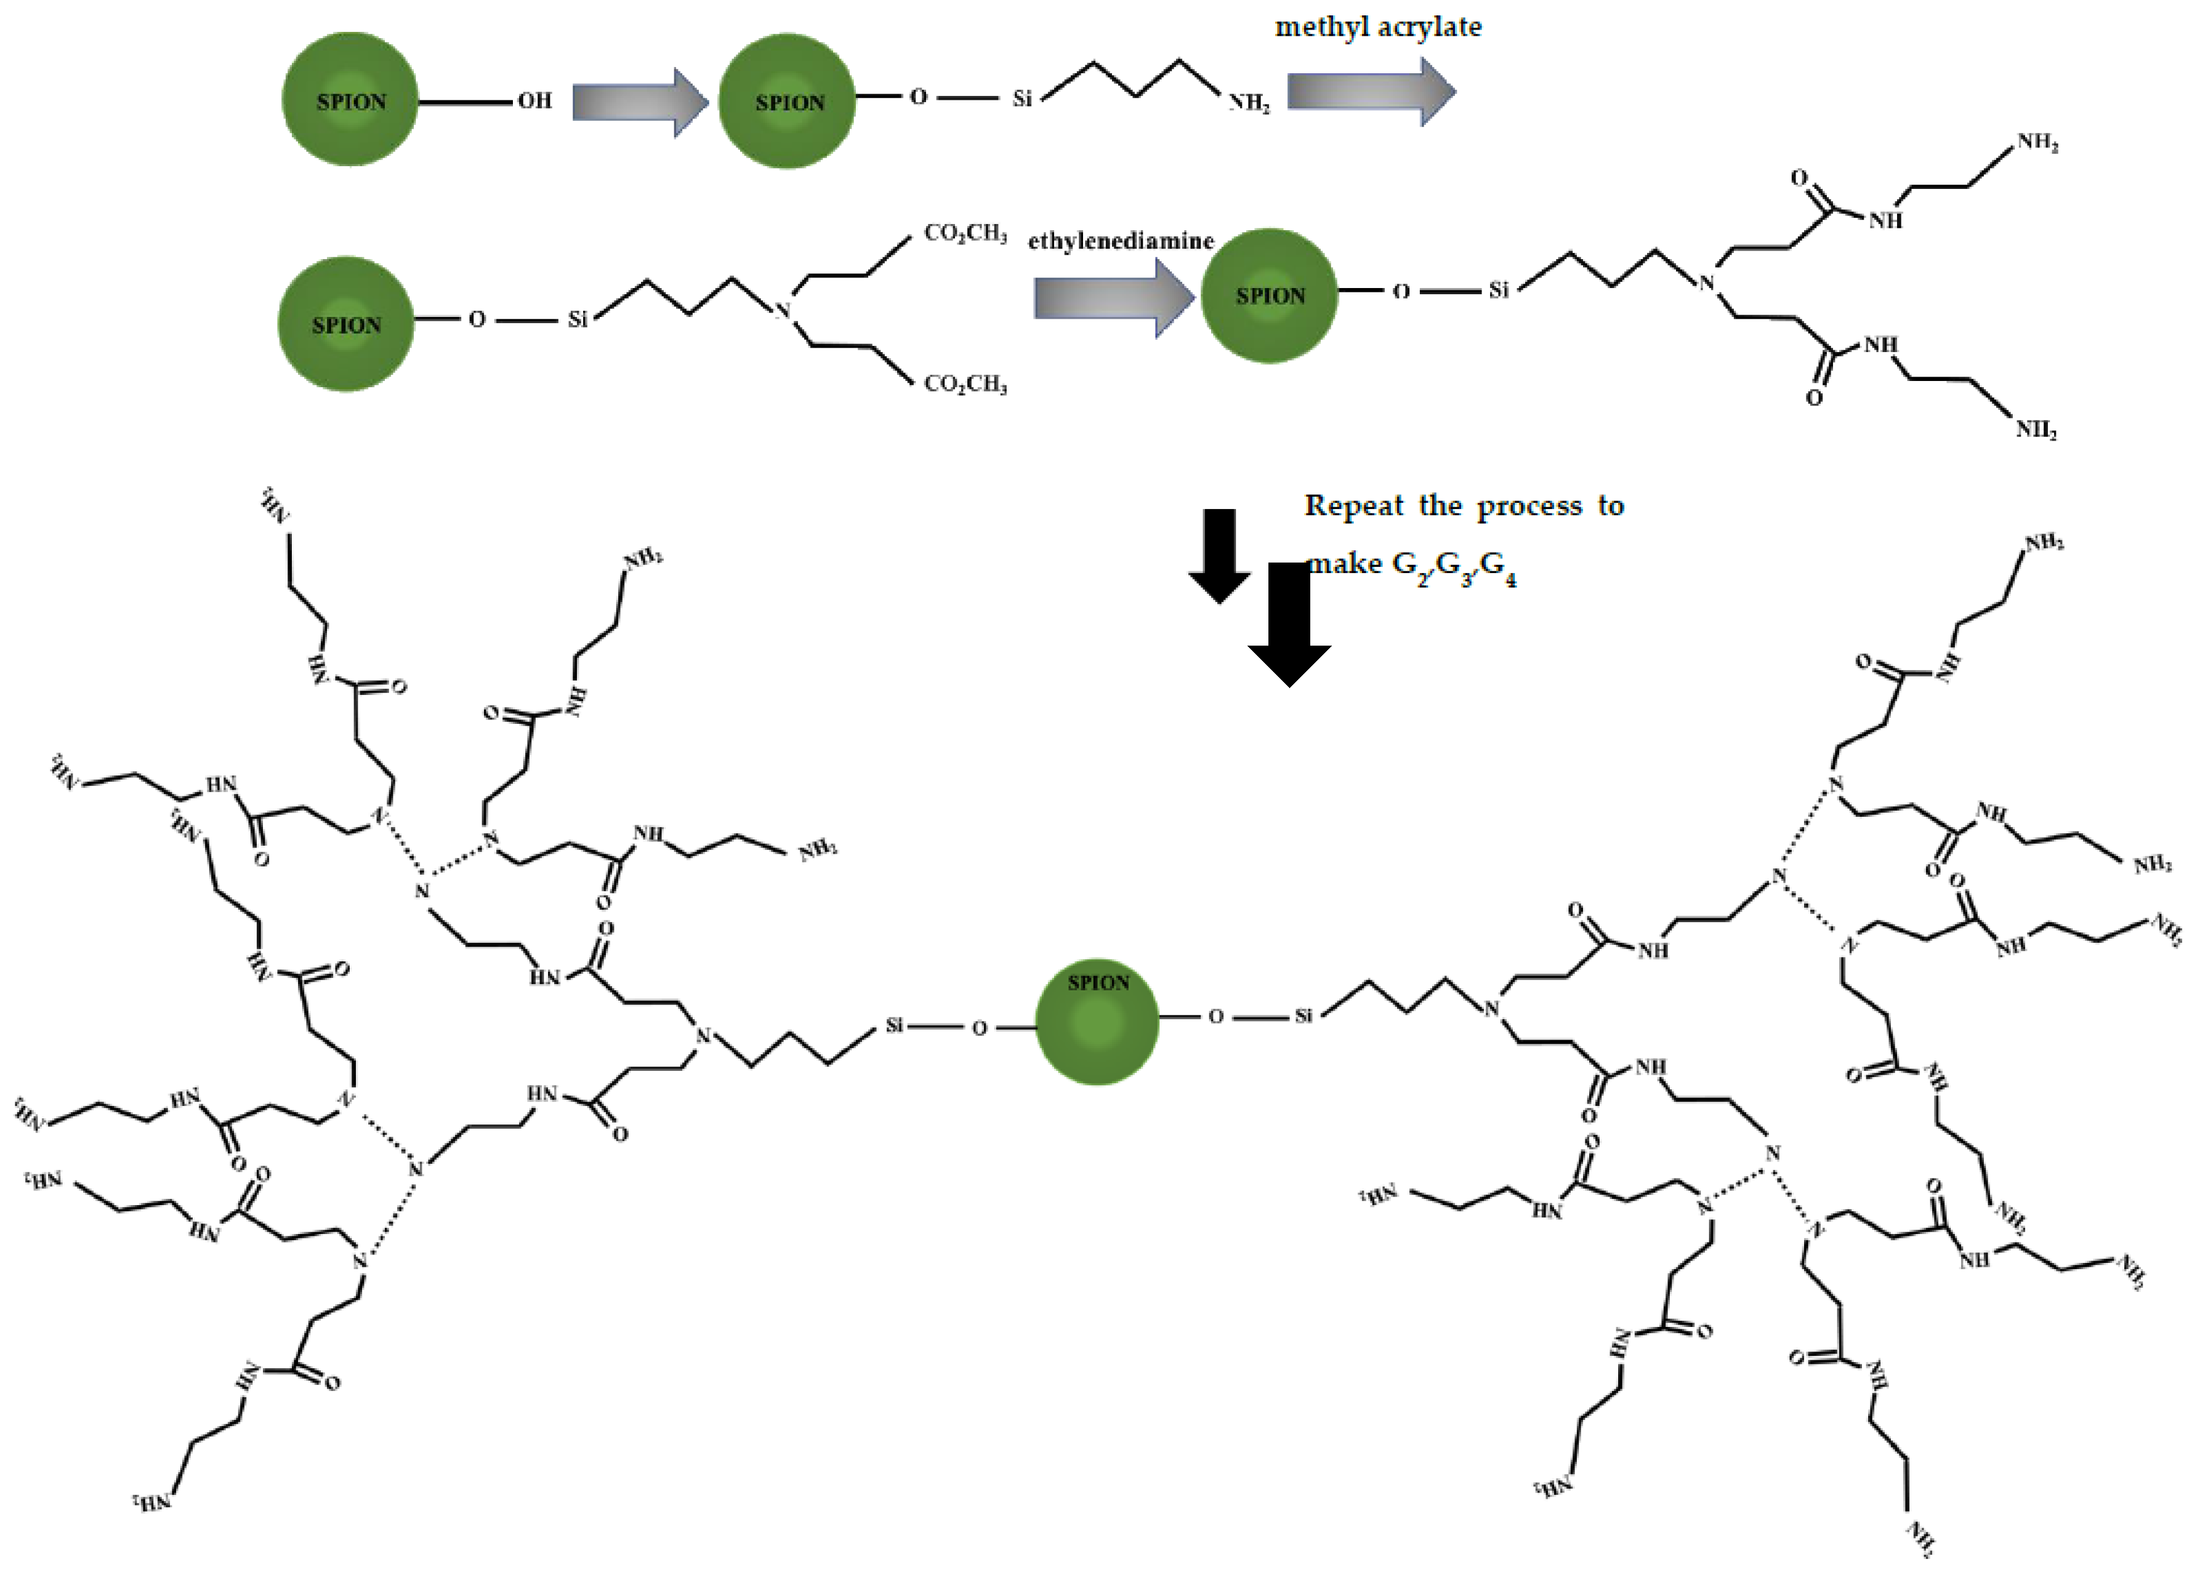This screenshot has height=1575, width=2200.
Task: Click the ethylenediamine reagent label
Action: pos(1121,241)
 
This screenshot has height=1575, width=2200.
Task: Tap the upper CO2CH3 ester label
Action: pos(965,233)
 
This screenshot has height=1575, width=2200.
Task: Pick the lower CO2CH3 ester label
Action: pos(965,384)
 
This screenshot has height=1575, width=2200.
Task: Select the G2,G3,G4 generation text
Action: pos(1454,566)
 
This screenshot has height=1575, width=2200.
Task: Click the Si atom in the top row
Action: pos(1021,98)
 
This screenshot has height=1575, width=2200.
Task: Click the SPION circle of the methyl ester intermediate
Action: pos(345,324)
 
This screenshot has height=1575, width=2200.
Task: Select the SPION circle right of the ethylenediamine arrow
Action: pos(1269,296)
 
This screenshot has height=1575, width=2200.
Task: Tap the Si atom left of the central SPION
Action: pos(893,1025)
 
